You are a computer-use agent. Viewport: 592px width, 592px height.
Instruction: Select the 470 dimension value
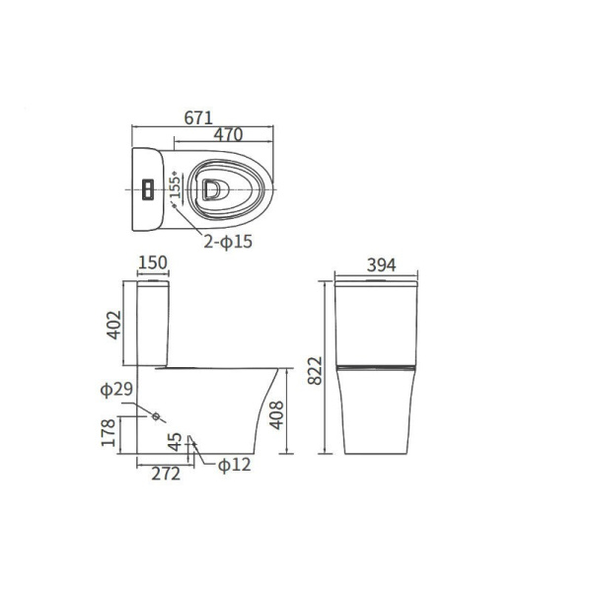(229, 135)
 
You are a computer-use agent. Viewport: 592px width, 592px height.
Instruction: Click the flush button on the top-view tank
(146, 186)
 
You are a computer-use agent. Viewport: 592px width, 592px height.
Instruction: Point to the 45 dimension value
(174, 443)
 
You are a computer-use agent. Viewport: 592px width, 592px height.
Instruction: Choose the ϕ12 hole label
(233, 465)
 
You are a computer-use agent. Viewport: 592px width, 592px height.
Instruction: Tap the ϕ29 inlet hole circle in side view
(155, 415)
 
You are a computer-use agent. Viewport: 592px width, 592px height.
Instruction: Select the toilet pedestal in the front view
(378, 414)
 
